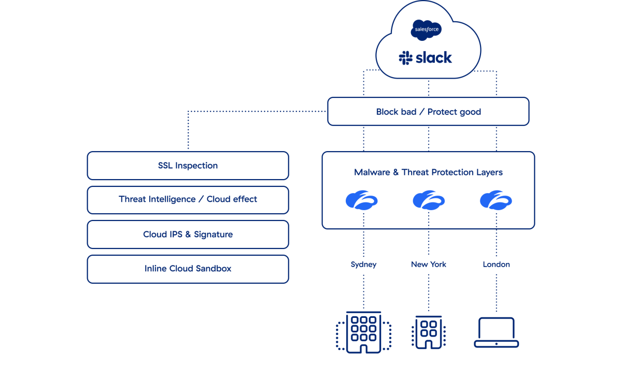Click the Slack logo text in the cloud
433,57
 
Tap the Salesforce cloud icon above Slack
426,30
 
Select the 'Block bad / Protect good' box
428,112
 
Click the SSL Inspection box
188,166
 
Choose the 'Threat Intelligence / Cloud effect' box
188,199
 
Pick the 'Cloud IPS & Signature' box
188,235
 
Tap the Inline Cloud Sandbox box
188,269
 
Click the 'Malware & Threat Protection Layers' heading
428,172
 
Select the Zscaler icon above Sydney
362,200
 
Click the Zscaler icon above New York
429,200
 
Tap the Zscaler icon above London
496,200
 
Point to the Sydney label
363,264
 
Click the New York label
429,264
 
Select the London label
496,264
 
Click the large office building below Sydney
363,332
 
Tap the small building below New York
428,332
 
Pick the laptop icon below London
496,332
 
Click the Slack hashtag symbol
405,58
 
